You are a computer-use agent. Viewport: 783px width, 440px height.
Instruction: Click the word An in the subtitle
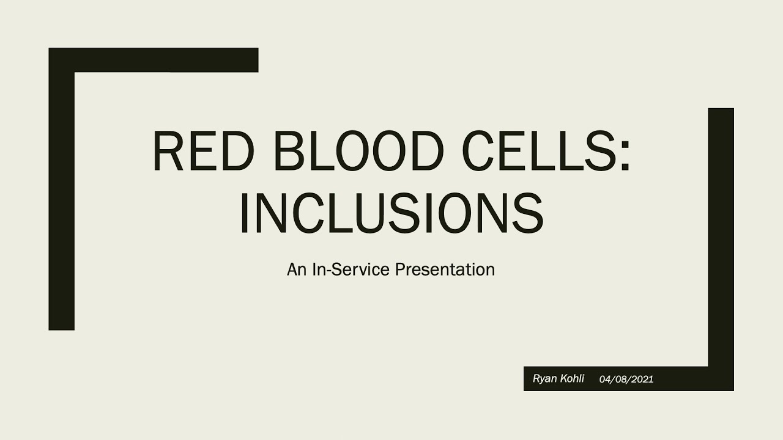pyautogui.click(x=297, y=269)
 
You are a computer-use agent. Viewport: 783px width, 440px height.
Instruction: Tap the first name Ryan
pyautogui.click(x=545, y=379)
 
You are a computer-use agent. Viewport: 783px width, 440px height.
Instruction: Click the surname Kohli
pyautogui.click(x=572, y=379)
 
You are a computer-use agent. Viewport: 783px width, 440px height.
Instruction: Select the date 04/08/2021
pyautogui.click(x=626, y=380)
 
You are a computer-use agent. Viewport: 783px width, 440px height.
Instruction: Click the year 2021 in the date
pyautogui.click(x=642, y=380)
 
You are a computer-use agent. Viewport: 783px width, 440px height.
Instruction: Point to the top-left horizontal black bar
pyautogui.click(x=165, y=60)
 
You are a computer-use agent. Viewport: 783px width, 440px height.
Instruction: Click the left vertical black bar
pyautogui.click(x=61, y=202)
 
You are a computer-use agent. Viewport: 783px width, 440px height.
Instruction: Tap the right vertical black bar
pyautogui.click(x=721, y=238)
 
